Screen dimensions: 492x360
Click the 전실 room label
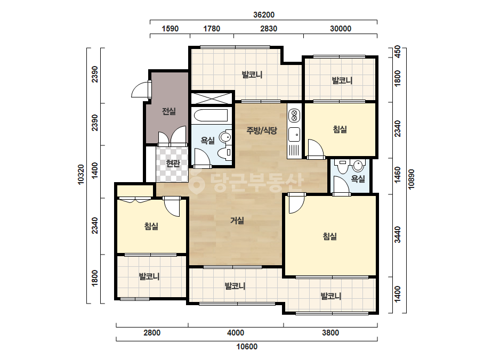[169, 111]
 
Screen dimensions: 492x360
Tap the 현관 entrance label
[173, 163]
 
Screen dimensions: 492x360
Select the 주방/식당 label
[262, 130]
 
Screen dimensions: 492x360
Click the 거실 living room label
[237, 220]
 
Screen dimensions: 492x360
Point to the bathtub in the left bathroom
[211, 116]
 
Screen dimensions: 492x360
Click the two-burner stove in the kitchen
[294, 115]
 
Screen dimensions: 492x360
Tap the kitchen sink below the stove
[294, 135]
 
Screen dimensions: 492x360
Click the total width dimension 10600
[247, 347]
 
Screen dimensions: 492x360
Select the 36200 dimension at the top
[264, 15]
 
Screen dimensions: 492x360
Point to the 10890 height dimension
[411, 179]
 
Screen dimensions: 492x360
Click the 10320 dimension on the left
[80, 174]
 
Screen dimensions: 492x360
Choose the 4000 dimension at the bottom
[235, 333]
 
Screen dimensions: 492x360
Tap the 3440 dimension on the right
[397, 234]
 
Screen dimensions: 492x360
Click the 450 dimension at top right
[397, 52]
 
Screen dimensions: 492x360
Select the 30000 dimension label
[341, 29]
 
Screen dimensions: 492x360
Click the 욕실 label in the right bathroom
[358, 179]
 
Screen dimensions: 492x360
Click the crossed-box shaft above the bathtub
[212, 98]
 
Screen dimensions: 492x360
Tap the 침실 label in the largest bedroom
[330, 236]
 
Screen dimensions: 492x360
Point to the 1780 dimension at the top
[212, 29]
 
